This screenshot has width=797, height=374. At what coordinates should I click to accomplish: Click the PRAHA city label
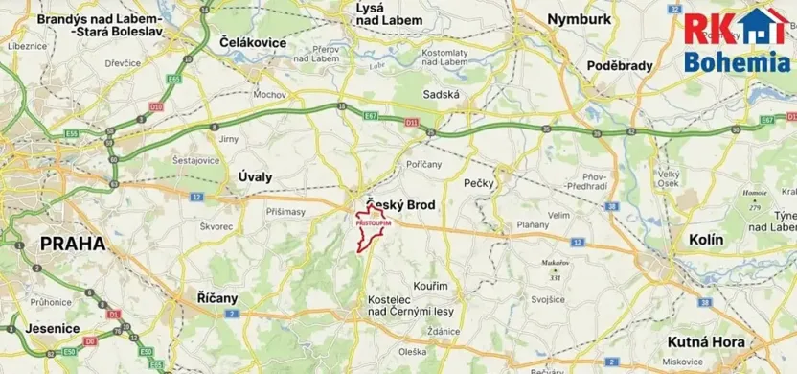pyautogui.click(x=72, y=245)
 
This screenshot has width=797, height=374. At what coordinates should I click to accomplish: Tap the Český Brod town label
pyautogui.click(x=402, y=205)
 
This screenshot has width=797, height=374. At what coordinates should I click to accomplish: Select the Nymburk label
pyautogui.click(x=580, y=18)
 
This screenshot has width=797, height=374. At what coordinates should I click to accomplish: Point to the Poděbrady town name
pyautogui.click(x=620, y=65)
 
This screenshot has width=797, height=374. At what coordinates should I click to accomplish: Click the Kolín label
pyautogui.click(x=707, y=238)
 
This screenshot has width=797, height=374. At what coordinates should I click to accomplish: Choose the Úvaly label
pyautogui.click(x=254, y=176)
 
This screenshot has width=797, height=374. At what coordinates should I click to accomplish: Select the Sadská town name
pyautogui.click(x=442, y=94)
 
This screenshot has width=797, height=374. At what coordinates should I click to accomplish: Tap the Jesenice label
pyautogui.click(x=40, y=328)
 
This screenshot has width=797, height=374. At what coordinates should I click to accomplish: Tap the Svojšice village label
pyautogui.click(x=548, y=298)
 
